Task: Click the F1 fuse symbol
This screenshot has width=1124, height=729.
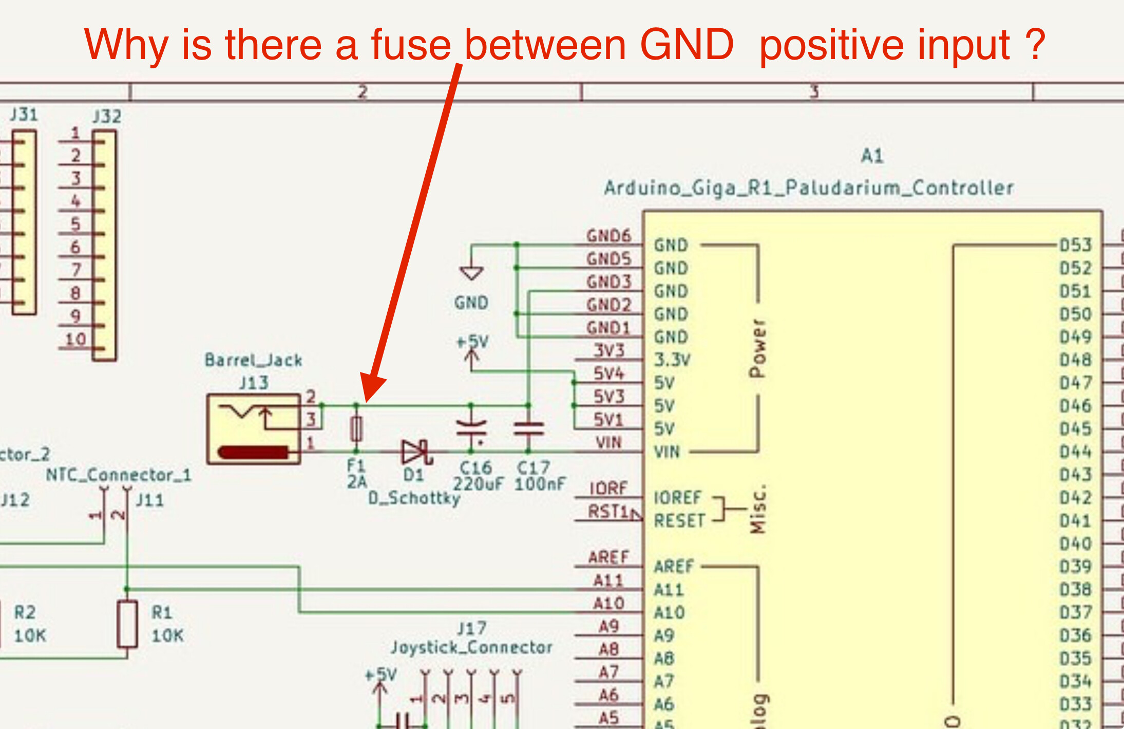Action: pyautogui.click(x=356, y=428)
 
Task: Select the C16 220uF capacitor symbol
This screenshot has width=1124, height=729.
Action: pyautogui.click(x=471, y=428)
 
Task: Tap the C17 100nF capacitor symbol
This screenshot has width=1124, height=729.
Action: pyautogui.click(x=528, y=428)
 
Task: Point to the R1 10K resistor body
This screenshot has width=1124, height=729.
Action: pyautogui.click(x=127, y=624)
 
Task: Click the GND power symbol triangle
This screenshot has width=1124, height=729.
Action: pyautogui.click(x=471, y=273)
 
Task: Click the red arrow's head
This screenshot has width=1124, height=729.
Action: pyautogui.click(x=372, y=388)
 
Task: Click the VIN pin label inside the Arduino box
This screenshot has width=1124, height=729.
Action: pyautogui.click(x=666, y=452)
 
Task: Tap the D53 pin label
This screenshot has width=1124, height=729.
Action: pyautogui.click(x=1075, y=245)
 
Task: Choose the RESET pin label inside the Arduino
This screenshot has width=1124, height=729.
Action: pyautogui.click(x=679, y=521)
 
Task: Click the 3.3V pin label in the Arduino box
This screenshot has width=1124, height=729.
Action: pyautogui.click(x=672, y=360)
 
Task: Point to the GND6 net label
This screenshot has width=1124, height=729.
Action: pyautogui.click(x=608, y=236)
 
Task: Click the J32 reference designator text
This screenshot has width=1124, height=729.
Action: pyautogui.click(x=107, y=117)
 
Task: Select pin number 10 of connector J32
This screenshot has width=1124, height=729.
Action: pyautogui.click(x=75, y=339)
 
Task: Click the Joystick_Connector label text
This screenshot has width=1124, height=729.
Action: pyautogui.click(x=471, y=647)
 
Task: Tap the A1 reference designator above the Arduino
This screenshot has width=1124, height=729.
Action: pyautogui.click(x=872, y=156)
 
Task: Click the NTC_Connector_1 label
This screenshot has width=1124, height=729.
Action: pyautogui.click(x=118, y=475)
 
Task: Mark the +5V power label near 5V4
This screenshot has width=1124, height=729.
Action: pyautogui.click(x=472, y=342)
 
